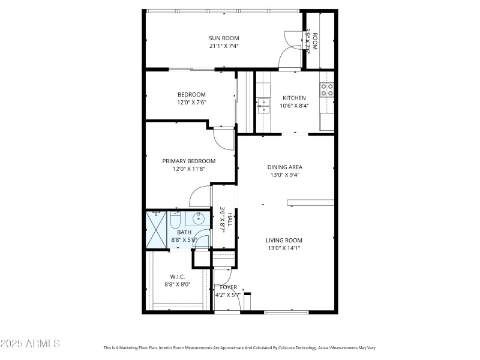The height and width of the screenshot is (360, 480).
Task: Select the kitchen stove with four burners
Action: pyautogui.click(x=327, y=90)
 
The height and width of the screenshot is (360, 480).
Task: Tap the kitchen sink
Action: pyautogui.click(x=263, y=106)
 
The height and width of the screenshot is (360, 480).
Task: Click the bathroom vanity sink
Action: pyautogui.click(x=199, y=219)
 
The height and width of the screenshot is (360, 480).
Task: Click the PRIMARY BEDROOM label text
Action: pyautogui.click(x=189, y=161)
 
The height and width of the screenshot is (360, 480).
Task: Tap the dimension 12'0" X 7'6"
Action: pyautogui.click(x=191, y=103)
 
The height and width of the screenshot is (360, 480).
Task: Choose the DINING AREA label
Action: pyautogui.click(x=284, y=167)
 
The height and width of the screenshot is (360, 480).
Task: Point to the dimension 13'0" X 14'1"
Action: pyautogui.click(x=284, y=248)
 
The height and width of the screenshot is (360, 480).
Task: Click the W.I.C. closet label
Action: pyautogui.click(x=178, y=277)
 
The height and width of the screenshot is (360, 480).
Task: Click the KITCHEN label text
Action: pyautogui.click(x=294, y=98)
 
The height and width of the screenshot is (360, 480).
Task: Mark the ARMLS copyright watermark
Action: pyautogui.click(x=30, y=344)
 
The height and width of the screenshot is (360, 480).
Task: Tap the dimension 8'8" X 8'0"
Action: pyautogui.click(x=178, y=285)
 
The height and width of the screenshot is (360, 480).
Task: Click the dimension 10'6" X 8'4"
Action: pyautogui.click(x=294, y=106)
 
